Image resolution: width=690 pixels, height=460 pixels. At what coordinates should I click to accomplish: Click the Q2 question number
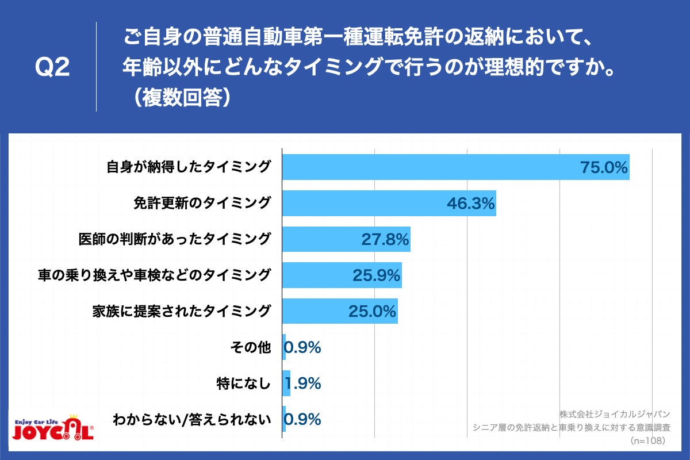pyautogui.click(x=52, y=68)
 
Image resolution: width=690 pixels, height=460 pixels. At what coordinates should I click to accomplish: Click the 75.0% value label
pyautogui.click(x=603, y=167)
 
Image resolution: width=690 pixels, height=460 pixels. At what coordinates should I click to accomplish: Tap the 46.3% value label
pyautogui.click(x=470, y=203)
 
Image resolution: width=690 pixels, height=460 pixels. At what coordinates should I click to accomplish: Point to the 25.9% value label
pyautogui.click(x=376, y=275)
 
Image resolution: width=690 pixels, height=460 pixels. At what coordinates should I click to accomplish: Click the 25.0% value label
pyautogui.click(x=372, y=311)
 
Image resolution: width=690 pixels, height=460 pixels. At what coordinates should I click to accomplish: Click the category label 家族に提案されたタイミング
pyautogui.click(x=181, y=311)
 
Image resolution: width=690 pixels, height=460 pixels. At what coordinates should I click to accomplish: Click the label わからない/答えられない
pyautogui.click(x=191, y=419)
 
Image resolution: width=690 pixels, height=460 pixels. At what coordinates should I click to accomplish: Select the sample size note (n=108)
pyautogui.click(x=647, y=440)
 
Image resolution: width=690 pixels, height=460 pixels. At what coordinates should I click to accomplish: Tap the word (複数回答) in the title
pyautogui.click(x=180, y=97)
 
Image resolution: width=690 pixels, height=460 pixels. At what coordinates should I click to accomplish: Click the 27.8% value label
pyautogui.click(x=385, y=239)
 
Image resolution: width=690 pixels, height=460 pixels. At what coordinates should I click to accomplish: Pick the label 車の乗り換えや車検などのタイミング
pyautogui.click(x=154, y=275)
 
